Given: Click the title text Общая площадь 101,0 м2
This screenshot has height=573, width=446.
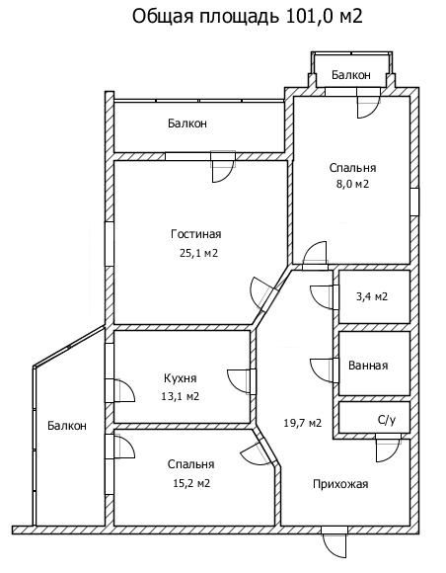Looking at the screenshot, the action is point(247,17).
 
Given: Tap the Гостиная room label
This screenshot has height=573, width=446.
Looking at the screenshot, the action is point(196,234).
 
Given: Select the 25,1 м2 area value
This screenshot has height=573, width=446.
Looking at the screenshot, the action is point(198,253).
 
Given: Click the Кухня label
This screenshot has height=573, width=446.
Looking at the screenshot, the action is point(181,378).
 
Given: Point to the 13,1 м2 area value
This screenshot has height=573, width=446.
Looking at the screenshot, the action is point(181,396).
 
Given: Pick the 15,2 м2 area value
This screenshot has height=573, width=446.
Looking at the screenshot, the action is point(191,483).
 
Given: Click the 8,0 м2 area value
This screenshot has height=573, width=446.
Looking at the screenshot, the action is point(352,184).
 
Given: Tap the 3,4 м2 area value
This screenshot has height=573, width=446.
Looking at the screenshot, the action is point(372,296).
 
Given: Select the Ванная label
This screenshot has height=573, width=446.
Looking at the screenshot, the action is point(368,366).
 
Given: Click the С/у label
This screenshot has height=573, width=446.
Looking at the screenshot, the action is point(387,421).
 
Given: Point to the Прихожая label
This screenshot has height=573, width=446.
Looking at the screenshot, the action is point(340,484).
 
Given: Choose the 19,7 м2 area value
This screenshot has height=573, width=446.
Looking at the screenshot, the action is point(303,423).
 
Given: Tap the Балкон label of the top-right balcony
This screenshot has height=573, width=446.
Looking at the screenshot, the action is point(351,75).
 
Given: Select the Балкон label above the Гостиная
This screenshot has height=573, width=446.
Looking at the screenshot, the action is point(187,123).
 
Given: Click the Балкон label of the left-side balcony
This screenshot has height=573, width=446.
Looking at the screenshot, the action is point(67,426).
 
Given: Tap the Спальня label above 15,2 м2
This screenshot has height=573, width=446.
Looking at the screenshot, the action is point(190,464).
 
